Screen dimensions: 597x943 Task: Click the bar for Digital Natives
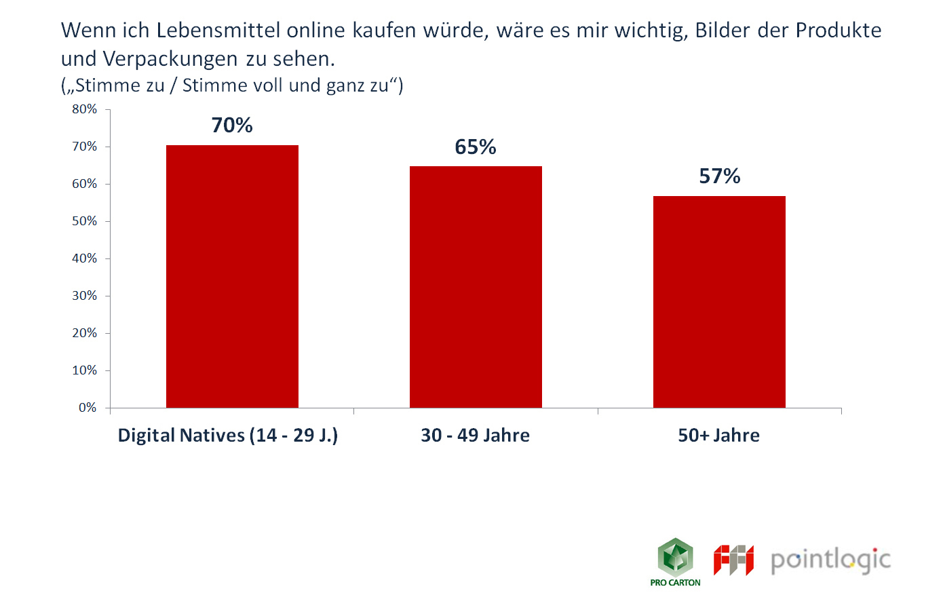(232, 276)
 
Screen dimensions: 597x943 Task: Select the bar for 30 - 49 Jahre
(476, 286)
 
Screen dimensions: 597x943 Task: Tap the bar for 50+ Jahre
(719, 302)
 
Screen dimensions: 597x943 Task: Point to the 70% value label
(232, 126)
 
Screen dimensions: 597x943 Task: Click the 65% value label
(476, 147)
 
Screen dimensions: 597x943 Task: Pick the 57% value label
(720, 176)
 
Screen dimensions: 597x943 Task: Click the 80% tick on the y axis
(85, 109)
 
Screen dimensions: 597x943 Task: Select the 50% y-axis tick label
(85, 221)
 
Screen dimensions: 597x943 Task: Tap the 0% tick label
(88, 408)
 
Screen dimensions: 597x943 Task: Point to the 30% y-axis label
(85, 296)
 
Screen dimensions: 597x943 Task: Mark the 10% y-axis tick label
(85, 370)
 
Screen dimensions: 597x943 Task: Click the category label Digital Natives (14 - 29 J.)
(228, 436)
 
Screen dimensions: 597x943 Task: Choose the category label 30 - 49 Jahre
(476, 436)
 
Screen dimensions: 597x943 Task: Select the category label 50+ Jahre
(719, 436)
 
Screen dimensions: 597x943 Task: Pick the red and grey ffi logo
(733, 560)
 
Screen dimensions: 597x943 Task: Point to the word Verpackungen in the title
(170, 59)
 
